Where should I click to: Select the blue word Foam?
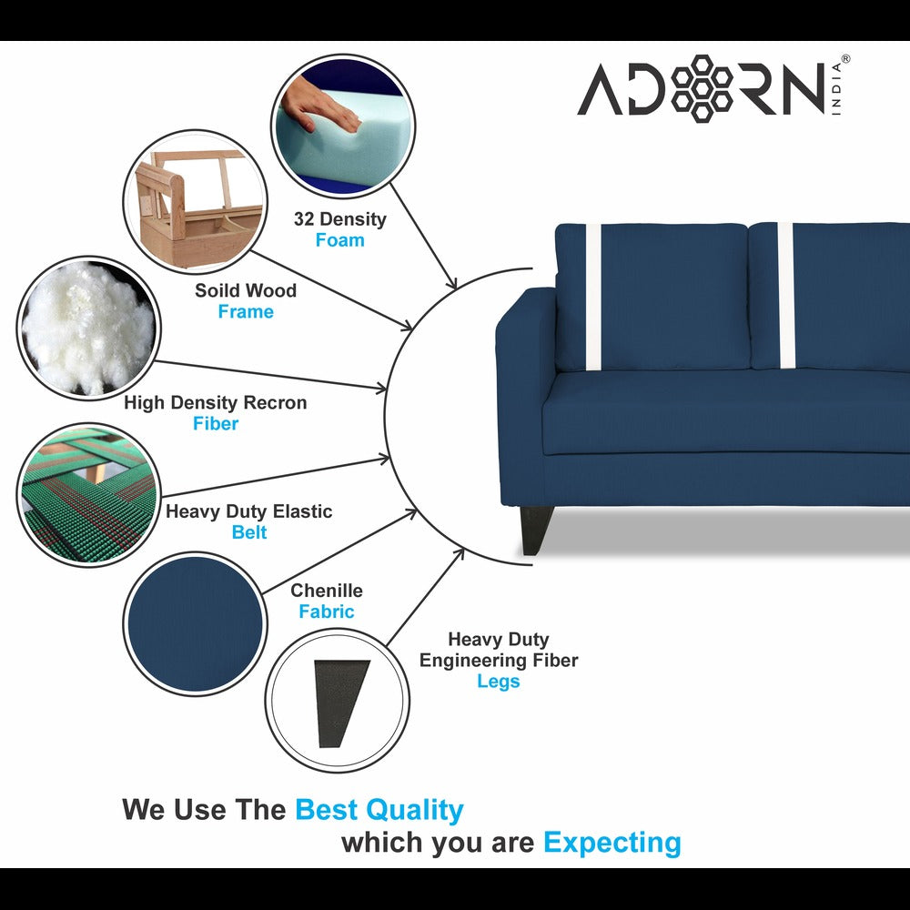tap(339, 241)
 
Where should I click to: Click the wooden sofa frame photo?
tap(193, 202)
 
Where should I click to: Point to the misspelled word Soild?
tap(218, 291)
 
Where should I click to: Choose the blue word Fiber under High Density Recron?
tap(216, 424)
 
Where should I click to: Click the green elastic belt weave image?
tap(87, 494)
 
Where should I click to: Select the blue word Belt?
tap(249, 533)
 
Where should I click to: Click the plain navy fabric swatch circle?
tap(193, 623)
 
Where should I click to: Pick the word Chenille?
tap(327, 591)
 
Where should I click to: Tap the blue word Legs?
tap(499, 682)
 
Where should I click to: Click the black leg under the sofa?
tap(536, 530)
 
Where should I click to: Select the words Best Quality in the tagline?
tap(379, 810)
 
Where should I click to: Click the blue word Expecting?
tap(612, 844)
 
